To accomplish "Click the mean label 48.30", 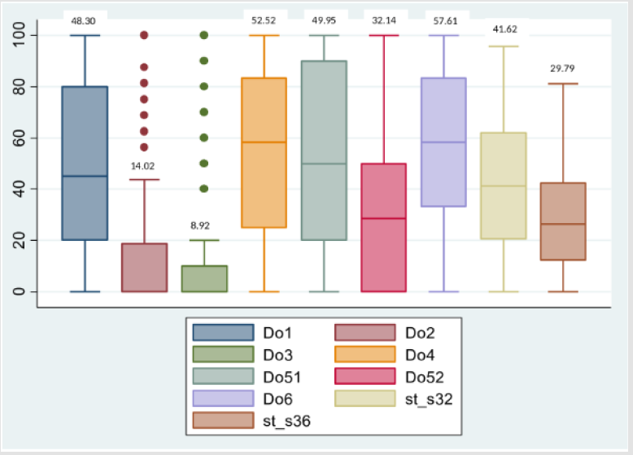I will click(x=84, y=20).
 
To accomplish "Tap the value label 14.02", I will click(x=143, y=165).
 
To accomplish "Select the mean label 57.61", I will click(x=443, y=20).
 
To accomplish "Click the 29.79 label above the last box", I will click(x=562, y=68).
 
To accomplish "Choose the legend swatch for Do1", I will click(x=222, y=332).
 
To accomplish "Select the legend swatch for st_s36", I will click(x=222, y=420).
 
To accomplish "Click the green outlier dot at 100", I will click(x=203, y=35).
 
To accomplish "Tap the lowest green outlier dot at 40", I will click(x=203, y=189).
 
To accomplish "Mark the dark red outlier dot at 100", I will click(x=144, y=35).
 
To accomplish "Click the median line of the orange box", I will click(x=264, y=142).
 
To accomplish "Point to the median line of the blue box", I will click(x=85, y=176).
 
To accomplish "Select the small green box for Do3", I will click(x=203, y=278).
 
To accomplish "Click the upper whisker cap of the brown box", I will click(x=563, y=84).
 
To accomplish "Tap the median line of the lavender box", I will click(x=443, y=142).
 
